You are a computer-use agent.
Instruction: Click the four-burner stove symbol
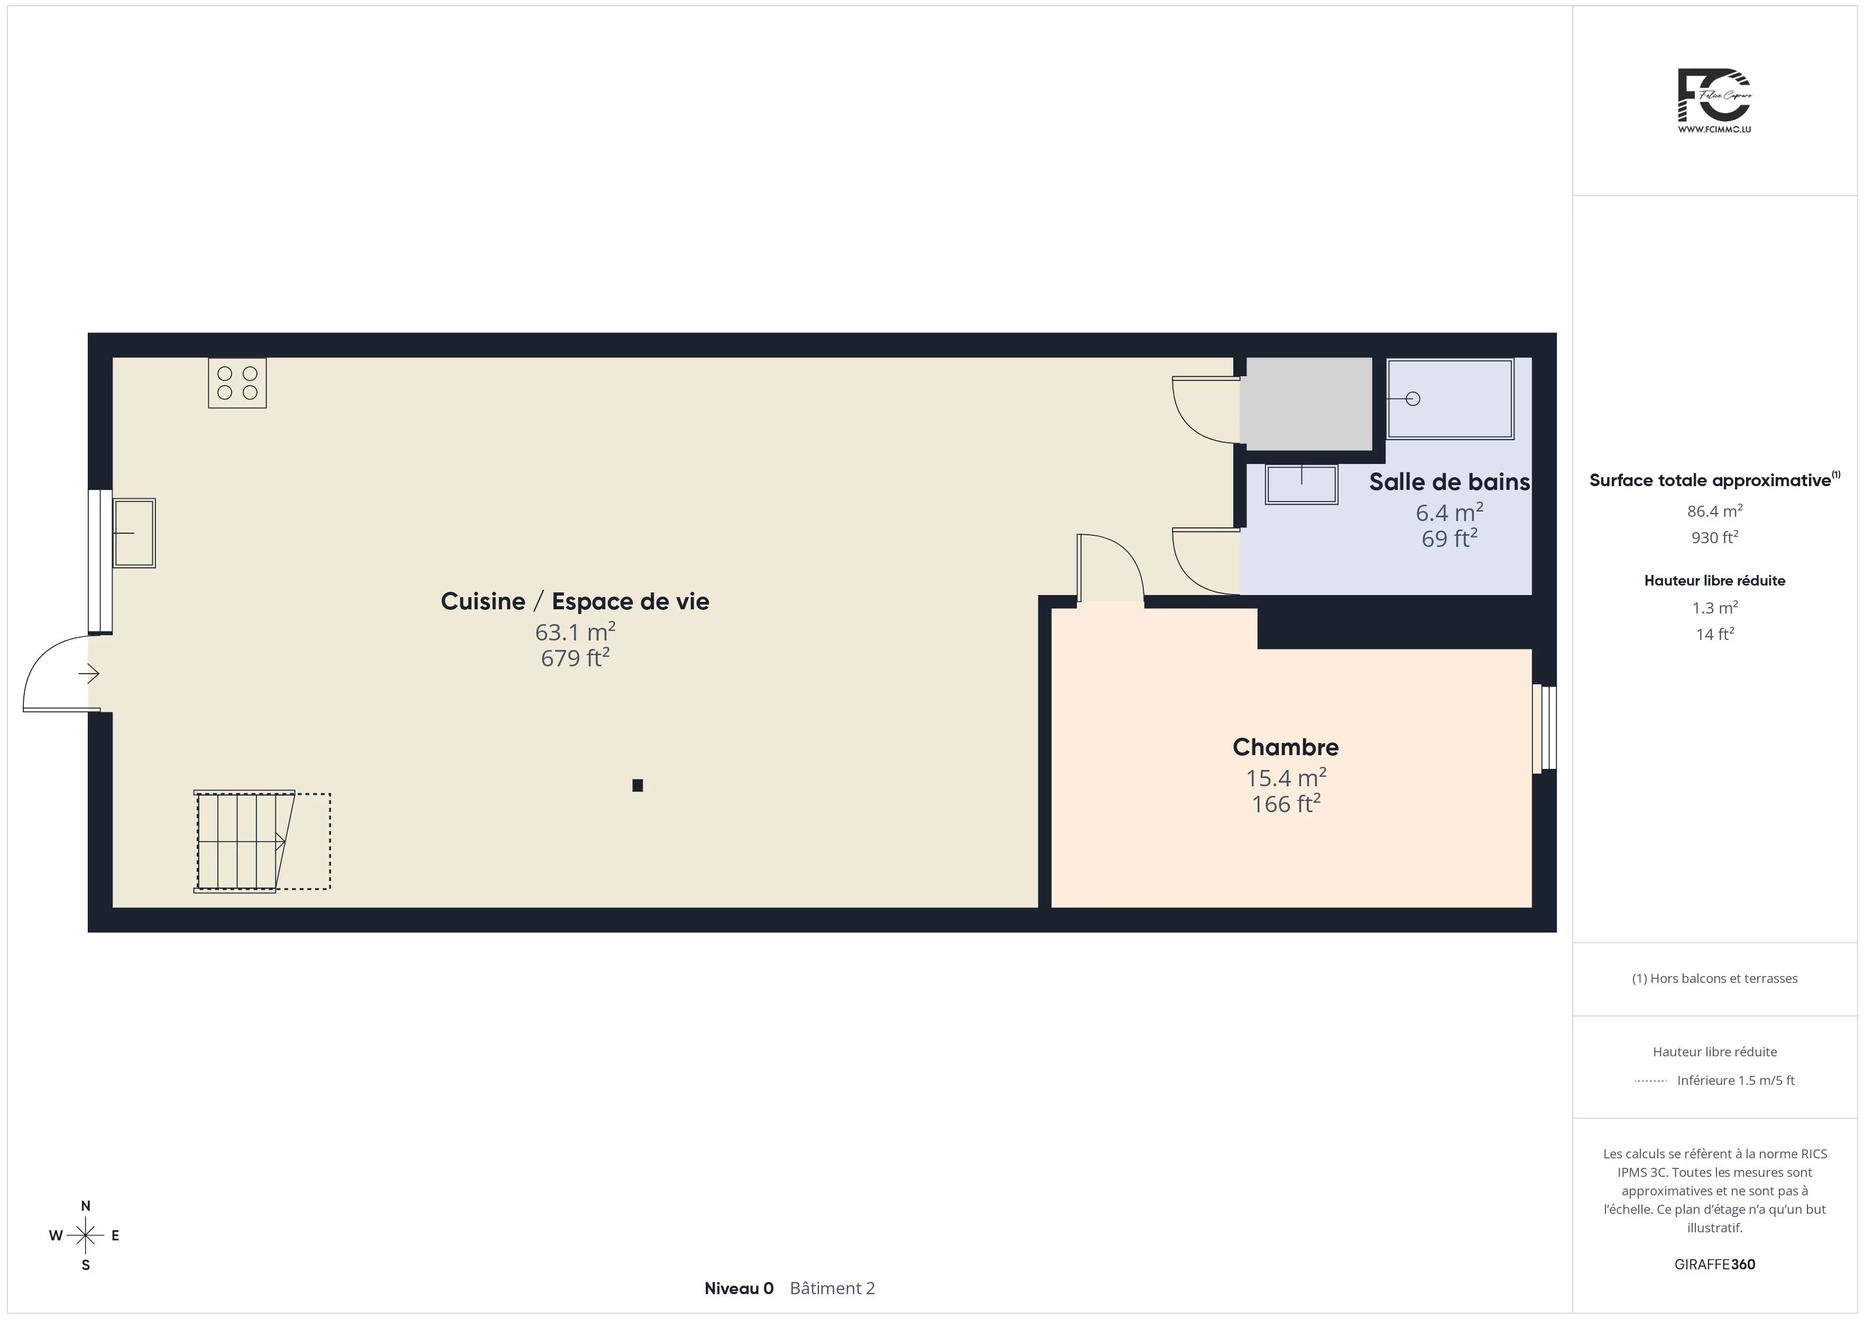pos(237,383)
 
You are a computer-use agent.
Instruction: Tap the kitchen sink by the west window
pos(134,533)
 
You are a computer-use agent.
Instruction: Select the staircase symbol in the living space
pos(262,841)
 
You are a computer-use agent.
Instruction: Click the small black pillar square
pos(638,785)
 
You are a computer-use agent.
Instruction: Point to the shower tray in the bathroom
pos(1450,399)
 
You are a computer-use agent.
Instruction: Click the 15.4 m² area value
pos(1286,777)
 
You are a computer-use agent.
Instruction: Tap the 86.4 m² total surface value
pos(1715,511)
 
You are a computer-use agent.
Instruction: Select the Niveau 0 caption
pos(738,1288)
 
